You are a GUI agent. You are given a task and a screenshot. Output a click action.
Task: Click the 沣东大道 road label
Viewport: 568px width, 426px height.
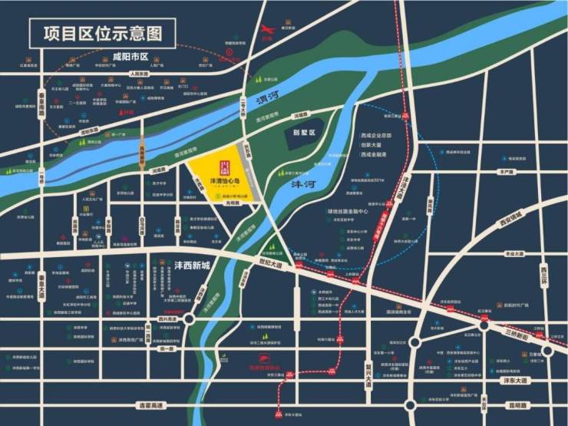(517, 381)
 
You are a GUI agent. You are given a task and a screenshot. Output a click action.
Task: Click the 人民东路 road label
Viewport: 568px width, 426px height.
(139, 74)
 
